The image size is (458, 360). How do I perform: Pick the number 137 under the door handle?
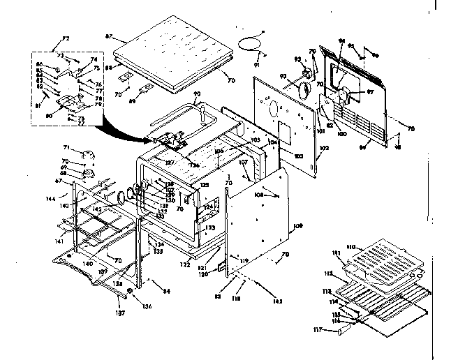click(121, 313)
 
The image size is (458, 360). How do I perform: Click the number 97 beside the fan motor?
click(371, 91)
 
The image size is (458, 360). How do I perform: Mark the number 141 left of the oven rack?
click(60, 241)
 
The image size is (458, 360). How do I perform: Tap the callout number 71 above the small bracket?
click(66, 148)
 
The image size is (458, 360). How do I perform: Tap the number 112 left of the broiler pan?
click(329, 273)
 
